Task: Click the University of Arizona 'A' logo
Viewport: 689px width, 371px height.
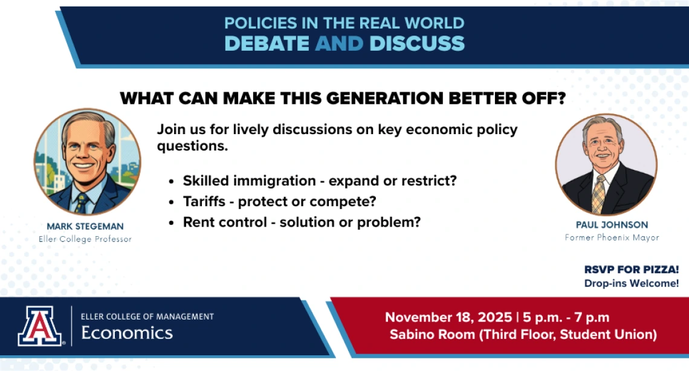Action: [x=40, y=326]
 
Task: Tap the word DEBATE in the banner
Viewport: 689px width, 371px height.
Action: [x=267, y=44]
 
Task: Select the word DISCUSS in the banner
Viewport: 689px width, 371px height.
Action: [x=417, y=44]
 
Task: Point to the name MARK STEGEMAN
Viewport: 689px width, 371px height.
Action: [x=85, y=227]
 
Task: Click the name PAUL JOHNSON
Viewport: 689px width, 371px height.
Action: [x=612, y=225]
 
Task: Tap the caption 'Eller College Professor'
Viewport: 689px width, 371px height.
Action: [x=85, y=239]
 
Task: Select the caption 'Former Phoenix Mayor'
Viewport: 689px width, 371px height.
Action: [x=612, y=237]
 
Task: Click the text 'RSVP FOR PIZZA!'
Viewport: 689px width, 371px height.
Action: [x=632, y=269]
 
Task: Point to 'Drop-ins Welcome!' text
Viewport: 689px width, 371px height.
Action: [x=632, y=283]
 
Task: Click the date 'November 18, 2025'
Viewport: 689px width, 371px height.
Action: [x=448, y=317]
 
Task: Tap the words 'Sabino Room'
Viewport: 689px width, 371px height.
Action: [x=432, y=335]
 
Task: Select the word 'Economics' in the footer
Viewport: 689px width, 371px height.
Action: [x=127, y=333]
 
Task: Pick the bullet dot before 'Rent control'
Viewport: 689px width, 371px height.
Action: [x=172, y=223]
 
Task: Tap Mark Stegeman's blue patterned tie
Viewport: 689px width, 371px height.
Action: [x=82, y=203]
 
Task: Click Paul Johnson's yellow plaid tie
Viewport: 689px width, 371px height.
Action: [x=599, y=194]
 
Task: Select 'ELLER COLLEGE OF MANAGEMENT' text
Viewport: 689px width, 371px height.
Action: [x=147, y=317]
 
